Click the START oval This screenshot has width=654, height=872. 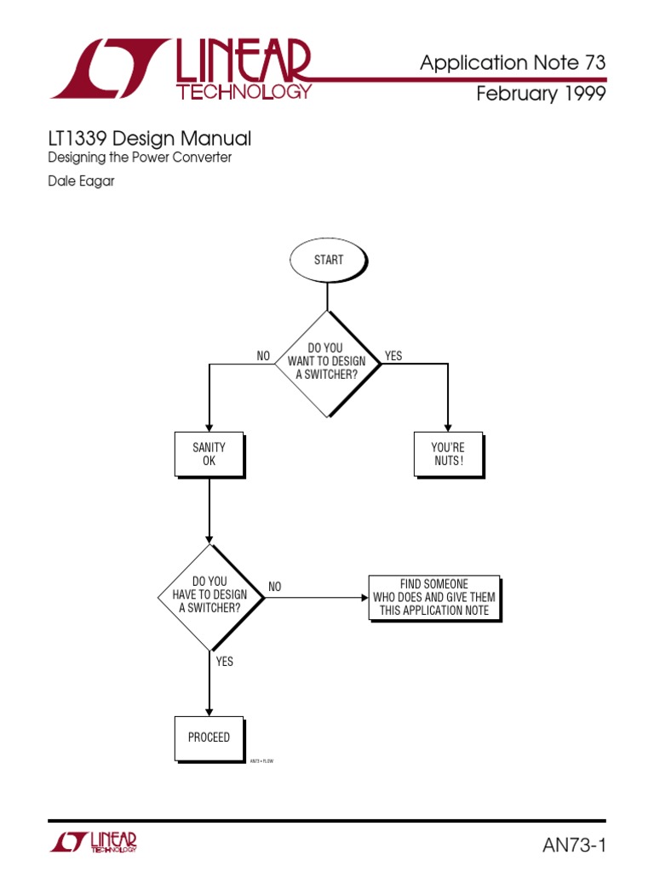pos(328,260)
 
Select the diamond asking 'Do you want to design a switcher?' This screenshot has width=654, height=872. pos(328,362)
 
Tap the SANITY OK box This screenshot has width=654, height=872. pos(209,454)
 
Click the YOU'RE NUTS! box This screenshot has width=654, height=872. pos(448,454)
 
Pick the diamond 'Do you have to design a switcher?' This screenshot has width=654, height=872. pos(209,597)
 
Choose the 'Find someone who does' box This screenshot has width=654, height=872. pos(434,597)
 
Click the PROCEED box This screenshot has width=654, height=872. pos(209,737)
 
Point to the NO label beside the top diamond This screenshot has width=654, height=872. pos(264,356)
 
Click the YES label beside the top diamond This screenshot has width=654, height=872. pos(393,356)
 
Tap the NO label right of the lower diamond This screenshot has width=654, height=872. pos(274,587)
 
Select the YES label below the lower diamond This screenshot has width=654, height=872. pos(224,661)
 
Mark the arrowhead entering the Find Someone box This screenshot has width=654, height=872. pos(364,597)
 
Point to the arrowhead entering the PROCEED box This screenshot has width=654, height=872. pos(209,711)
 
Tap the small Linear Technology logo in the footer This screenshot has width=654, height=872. pos(94,842)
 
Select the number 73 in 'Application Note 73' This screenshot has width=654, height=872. pos(594,62)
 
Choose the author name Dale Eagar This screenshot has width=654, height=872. pos(80,181)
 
